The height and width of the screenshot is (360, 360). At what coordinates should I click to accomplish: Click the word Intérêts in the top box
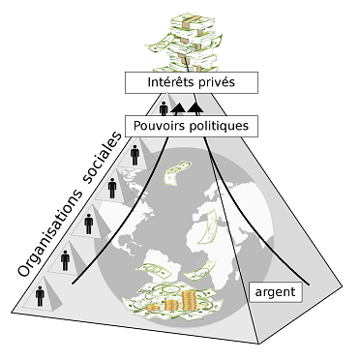pos(168,82)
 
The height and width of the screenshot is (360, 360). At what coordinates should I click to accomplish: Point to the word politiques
pos(219,126)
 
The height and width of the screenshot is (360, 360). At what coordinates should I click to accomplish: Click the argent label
pos(275,292)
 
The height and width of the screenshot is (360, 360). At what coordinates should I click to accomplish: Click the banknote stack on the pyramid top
pos(187,42)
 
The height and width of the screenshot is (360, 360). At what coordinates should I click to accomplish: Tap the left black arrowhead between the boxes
pos(178,108)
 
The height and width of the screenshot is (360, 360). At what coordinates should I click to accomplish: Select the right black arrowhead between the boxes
pos(195,108)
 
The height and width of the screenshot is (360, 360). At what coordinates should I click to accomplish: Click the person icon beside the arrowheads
pos(164,108)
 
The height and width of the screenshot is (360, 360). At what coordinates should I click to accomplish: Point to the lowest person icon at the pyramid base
pos(40,296)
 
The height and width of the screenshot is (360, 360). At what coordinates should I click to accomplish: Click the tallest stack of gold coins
pos(190,300)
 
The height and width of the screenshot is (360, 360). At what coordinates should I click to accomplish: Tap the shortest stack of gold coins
pos(153,307)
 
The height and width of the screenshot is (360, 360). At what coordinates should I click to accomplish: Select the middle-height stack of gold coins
pos(171,304)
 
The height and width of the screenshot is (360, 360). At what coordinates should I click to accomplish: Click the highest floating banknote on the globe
pos(175,172)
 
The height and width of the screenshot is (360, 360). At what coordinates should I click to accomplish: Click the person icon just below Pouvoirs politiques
pos(135,155)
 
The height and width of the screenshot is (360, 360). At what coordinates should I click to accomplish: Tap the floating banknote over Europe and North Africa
pos(207,226)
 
